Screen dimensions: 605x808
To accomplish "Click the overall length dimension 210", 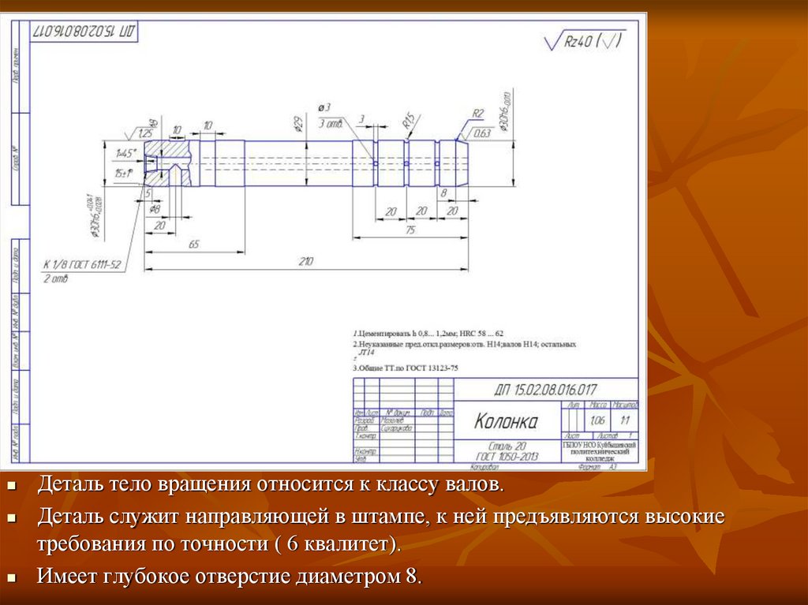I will [305, 262].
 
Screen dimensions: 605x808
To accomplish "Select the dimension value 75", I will [410, 229].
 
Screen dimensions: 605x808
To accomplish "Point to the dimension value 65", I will [193, 245].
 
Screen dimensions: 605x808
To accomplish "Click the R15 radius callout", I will [409, 121].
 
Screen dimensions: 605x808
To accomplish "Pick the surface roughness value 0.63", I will [483, 133].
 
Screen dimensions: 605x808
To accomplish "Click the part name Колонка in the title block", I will [506, 422].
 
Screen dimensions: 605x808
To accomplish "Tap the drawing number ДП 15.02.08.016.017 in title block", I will [545, 389].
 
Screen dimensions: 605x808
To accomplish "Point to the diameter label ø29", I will [298, 124].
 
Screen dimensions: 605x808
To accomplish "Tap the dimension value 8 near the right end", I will [444, 192].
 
